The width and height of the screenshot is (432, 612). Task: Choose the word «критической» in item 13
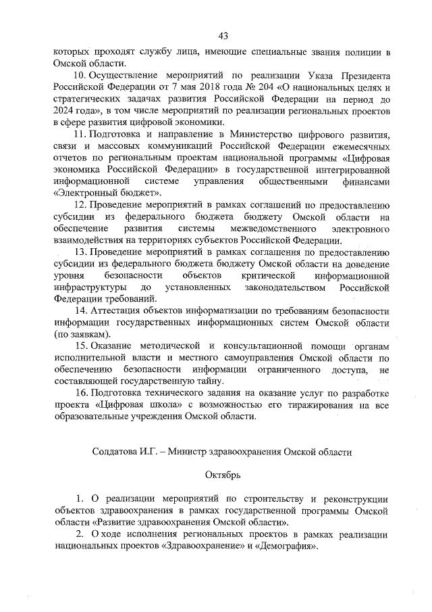click(x=269, y=276)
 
